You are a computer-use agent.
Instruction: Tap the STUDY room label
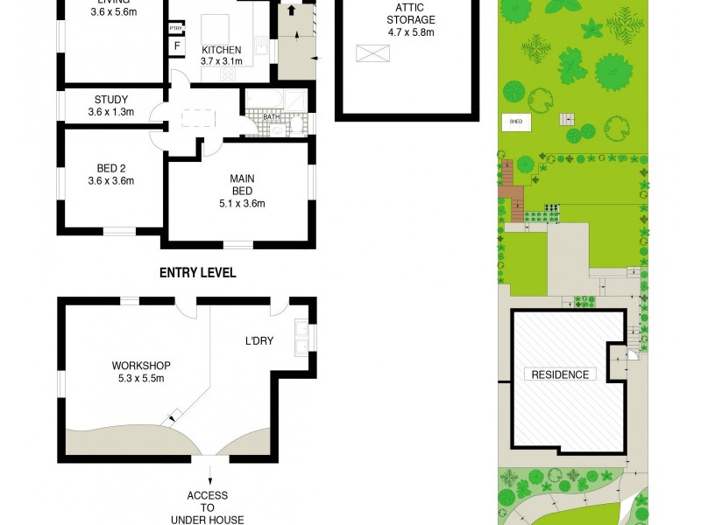point(110,100)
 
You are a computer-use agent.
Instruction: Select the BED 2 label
point(110,170)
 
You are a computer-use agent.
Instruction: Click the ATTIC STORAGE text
point(411,14)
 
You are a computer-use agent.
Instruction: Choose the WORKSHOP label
point(140,366)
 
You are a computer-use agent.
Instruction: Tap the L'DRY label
point(259,341)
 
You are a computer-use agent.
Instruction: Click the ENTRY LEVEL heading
point(197,273)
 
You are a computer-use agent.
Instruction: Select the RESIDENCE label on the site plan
point(559,374)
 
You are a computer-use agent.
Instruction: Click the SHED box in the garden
point(515,122)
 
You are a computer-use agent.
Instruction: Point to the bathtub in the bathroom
point(265,98)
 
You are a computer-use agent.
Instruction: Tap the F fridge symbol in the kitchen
point(176,45)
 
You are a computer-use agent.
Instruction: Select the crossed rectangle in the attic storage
point(372,53)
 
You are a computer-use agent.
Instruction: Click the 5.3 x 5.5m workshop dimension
point(140,378)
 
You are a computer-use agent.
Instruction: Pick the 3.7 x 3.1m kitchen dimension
point(220,61)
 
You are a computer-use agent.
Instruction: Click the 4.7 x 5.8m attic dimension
point(411,32)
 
